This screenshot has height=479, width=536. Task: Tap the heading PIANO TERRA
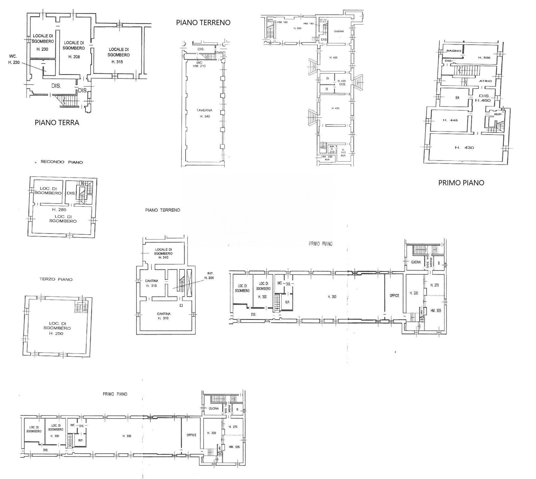pos(57,123)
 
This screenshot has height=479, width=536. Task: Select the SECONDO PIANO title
pos(62,162)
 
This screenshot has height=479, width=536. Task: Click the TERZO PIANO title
pos(56,279)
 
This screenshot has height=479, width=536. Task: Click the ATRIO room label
pos(485,81)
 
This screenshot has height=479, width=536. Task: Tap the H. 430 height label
pos(464,148)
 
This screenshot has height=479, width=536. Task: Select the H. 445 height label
pos(450,120)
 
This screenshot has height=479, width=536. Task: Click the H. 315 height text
pos(117,62)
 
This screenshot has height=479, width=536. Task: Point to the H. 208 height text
pos(74,57)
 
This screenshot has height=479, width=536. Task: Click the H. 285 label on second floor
pos(59,210)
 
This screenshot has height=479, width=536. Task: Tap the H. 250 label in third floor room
pos(56,333)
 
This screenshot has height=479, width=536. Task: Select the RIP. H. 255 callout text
pos(209,275)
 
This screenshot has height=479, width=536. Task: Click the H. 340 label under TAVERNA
pos(205,116)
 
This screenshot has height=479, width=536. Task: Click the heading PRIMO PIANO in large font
pos(461,183)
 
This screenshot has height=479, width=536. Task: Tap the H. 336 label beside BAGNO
pos(484,58)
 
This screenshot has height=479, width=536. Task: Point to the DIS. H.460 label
pos(483,98)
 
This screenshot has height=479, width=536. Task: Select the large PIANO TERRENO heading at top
pos(203,23)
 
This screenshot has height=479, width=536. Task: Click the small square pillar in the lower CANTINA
pos(181,305)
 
